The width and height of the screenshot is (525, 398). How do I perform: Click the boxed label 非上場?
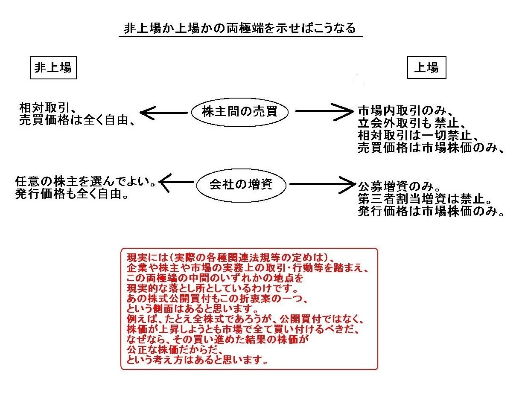53,68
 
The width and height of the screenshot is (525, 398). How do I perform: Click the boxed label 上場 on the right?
426,67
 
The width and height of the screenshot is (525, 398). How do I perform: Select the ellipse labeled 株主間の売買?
239,112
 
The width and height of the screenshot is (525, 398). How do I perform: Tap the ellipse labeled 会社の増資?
241,185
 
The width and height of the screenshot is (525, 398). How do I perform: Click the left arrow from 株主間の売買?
163,113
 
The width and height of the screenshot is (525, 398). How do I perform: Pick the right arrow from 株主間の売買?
324,111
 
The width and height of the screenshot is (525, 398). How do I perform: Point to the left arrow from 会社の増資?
177,183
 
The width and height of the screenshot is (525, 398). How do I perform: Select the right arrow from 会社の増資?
323,185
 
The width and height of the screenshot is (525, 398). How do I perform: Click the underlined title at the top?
240,28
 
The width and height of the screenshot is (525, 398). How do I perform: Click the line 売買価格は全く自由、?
77,120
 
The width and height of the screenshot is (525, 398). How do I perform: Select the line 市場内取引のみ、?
405,110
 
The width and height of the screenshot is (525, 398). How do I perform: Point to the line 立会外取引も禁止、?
411,123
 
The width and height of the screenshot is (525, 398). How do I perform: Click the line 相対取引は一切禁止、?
418,135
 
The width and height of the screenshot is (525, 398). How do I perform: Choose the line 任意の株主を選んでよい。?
85,181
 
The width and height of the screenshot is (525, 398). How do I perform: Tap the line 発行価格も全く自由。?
72,194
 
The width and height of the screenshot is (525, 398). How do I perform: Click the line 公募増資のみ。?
399,186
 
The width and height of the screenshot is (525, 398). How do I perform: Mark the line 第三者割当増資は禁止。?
425,199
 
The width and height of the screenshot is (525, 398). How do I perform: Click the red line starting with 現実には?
230,258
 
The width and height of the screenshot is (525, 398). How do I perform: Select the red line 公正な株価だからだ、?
175,350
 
